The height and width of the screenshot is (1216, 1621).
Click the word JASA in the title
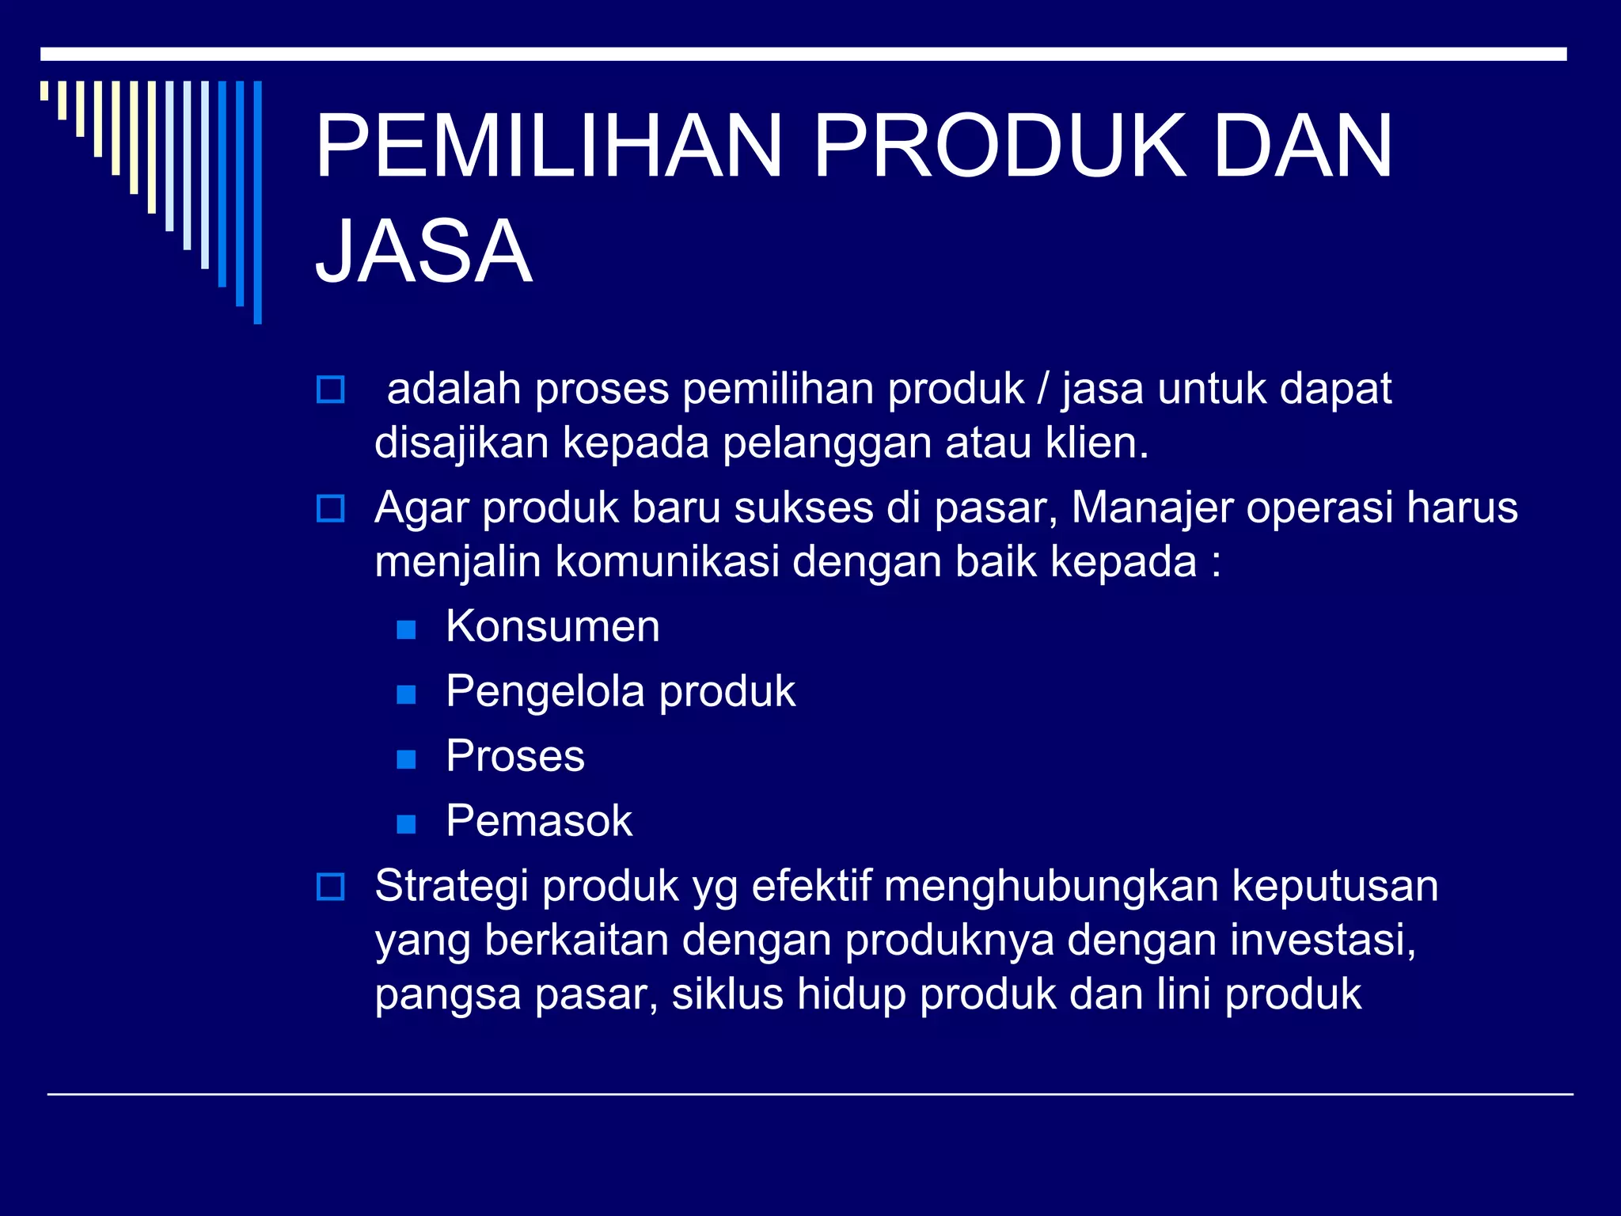pyautogui.click(x=424, y=251)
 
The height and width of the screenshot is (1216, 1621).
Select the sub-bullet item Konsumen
pyautogui.click(x=552, y=626)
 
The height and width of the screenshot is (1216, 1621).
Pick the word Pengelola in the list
pyautogui.click(x=545, y=691)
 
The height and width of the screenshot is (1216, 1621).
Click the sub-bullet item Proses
pyautogui.click(x=515, y=756)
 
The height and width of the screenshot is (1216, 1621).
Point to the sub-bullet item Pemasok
pyautogui.click(x=539, y=821)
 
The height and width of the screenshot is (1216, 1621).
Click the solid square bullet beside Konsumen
pyautogui.click(x=406, y=629)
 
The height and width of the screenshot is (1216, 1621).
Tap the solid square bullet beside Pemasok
pyautogui.click(x=406, y=824)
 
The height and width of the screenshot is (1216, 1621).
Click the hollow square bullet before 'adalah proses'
pyautogui.click(x=330, y=389)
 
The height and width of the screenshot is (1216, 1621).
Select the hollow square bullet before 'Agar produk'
pyautogui.click(x=330, y=508)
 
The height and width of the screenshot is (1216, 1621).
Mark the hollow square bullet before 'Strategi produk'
pyautogui.click(x=330, y=887)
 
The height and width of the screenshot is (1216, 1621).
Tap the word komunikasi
pyautogui.click(x=667, y=561)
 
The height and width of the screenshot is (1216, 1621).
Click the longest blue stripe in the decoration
pyautogui.click(x=257, y=202)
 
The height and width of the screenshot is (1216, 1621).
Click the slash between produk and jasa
pyautogui.click(x=1043, y=389)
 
